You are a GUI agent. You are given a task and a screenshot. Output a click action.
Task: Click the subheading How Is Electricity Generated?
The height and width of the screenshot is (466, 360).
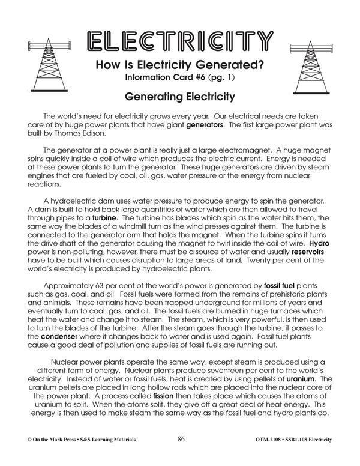point(180,67)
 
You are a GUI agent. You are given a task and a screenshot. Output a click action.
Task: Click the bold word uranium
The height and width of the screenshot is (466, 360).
point(301,379)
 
